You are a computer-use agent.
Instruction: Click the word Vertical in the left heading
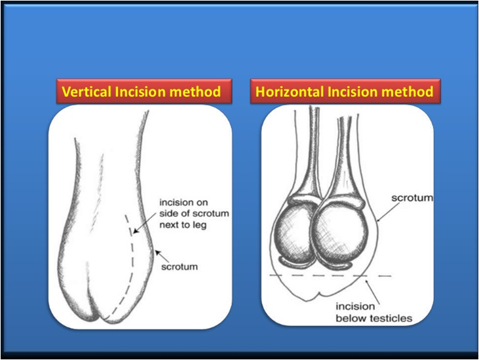coord(86,91)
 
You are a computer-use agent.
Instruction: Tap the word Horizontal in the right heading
coord(290,91)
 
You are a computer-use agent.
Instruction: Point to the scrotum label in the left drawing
coord(180,267)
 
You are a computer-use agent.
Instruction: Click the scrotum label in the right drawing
coord(412,198)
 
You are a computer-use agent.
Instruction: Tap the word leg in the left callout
coord(199,226)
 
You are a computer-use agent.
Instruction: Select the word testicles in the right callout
coord(391,319)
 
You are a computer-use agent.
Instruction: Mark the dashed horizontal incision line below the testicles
coord(330,275)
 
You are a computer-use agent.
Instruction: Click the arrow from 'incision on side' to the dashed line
coord(145,220)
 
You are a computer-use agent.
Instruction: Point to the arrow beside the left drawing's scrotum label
coord(162,256)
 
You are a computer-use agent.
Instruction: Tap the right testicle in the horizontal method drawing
coord(339,233)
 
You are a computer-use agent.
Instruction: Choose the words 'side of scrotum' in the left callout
coord(194,214)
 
